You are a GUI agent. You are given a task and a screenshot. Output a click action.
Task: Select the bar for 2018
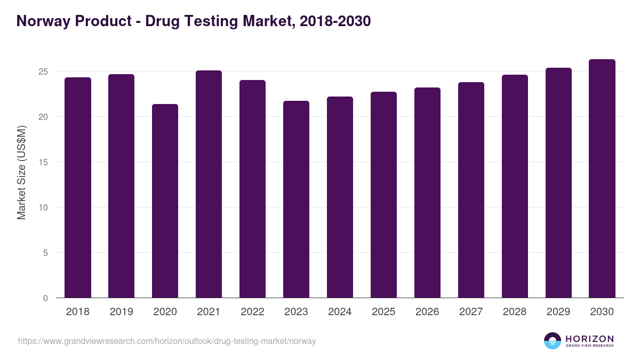[78, 188]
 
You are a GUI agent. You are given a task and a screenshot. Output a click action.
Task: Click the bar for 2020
[165, 201]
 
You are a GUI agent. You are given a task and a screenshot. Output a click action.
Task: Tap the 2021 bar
[209, 184]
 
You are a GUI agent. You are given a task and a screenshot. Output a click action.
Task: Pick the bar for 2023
[297, 199]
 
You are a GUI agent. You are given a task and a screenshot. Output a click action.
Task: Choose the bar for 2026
[428, 193]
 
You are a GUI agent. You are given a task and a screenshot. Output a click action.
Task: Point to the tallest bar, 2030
[602, 179]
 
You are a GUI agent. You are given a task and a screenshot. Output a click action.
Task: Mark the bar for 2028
[515, 186]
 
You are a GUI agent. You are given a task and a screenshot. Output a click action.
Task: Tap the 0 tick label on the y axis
[46, 298]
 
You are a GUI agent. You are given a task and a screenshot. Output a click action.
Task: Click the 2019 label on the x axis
[122, 312]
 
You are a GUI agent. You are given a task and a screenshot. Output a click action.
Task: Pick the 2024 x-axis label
[340, 312]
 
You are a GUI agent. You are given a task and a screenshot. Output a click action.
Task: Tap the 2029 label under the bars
[558, 312]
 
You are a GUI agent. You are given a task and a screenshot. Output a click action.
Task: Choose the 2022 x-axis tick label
[253, 312]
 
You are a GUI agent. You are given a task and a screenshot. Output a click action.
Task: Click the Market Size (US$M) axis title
[21, 172]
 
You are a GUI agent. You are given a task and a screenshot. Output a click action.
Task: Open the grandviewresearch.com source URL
[167, 341]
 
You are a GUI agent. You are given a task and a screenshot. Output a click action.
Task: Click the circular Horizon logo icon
[552, 341]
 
